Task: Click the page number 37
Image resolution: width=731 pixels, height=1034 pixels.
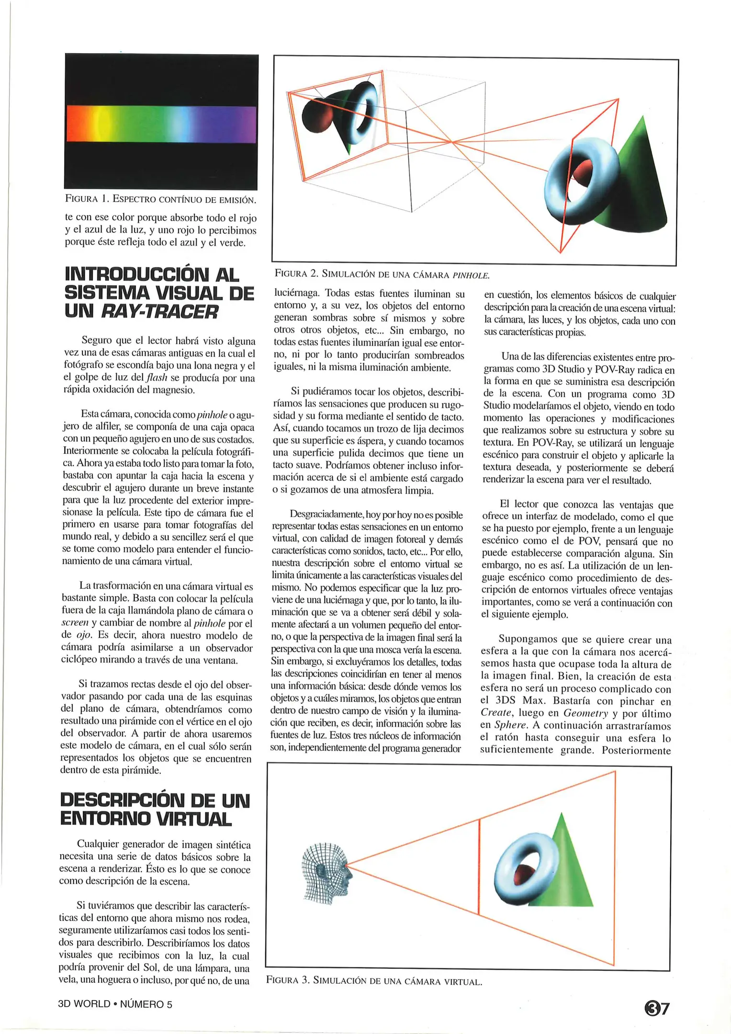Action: click(x=657, y=1008)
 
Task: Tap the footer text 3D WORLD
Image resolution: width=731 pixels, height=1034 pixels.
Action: click(x=84, y=1004)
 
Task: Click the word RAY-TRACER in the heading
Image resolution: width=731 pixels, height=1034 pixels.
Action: click(x=160, y=312)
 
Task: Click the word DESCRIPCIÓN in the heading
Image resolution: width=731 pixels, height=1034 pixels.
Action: click(x=122, y=800)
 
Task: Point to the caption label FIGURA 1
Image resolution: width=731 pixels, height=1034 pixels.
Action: click(x=86, y=199)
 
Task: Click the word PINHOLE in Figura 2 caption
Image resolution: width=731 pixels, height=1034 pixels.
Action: click(x=471, y=275)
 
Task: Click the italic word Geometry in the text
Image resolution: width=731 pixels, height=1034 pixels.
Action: click(x=585, y=714)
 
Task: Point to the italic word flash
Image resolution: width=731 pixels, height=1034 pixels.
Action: click(x=156, y=378)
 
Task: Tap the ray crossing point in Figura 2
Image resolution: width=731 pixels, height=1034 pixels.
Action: click(x=452, y=142)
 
